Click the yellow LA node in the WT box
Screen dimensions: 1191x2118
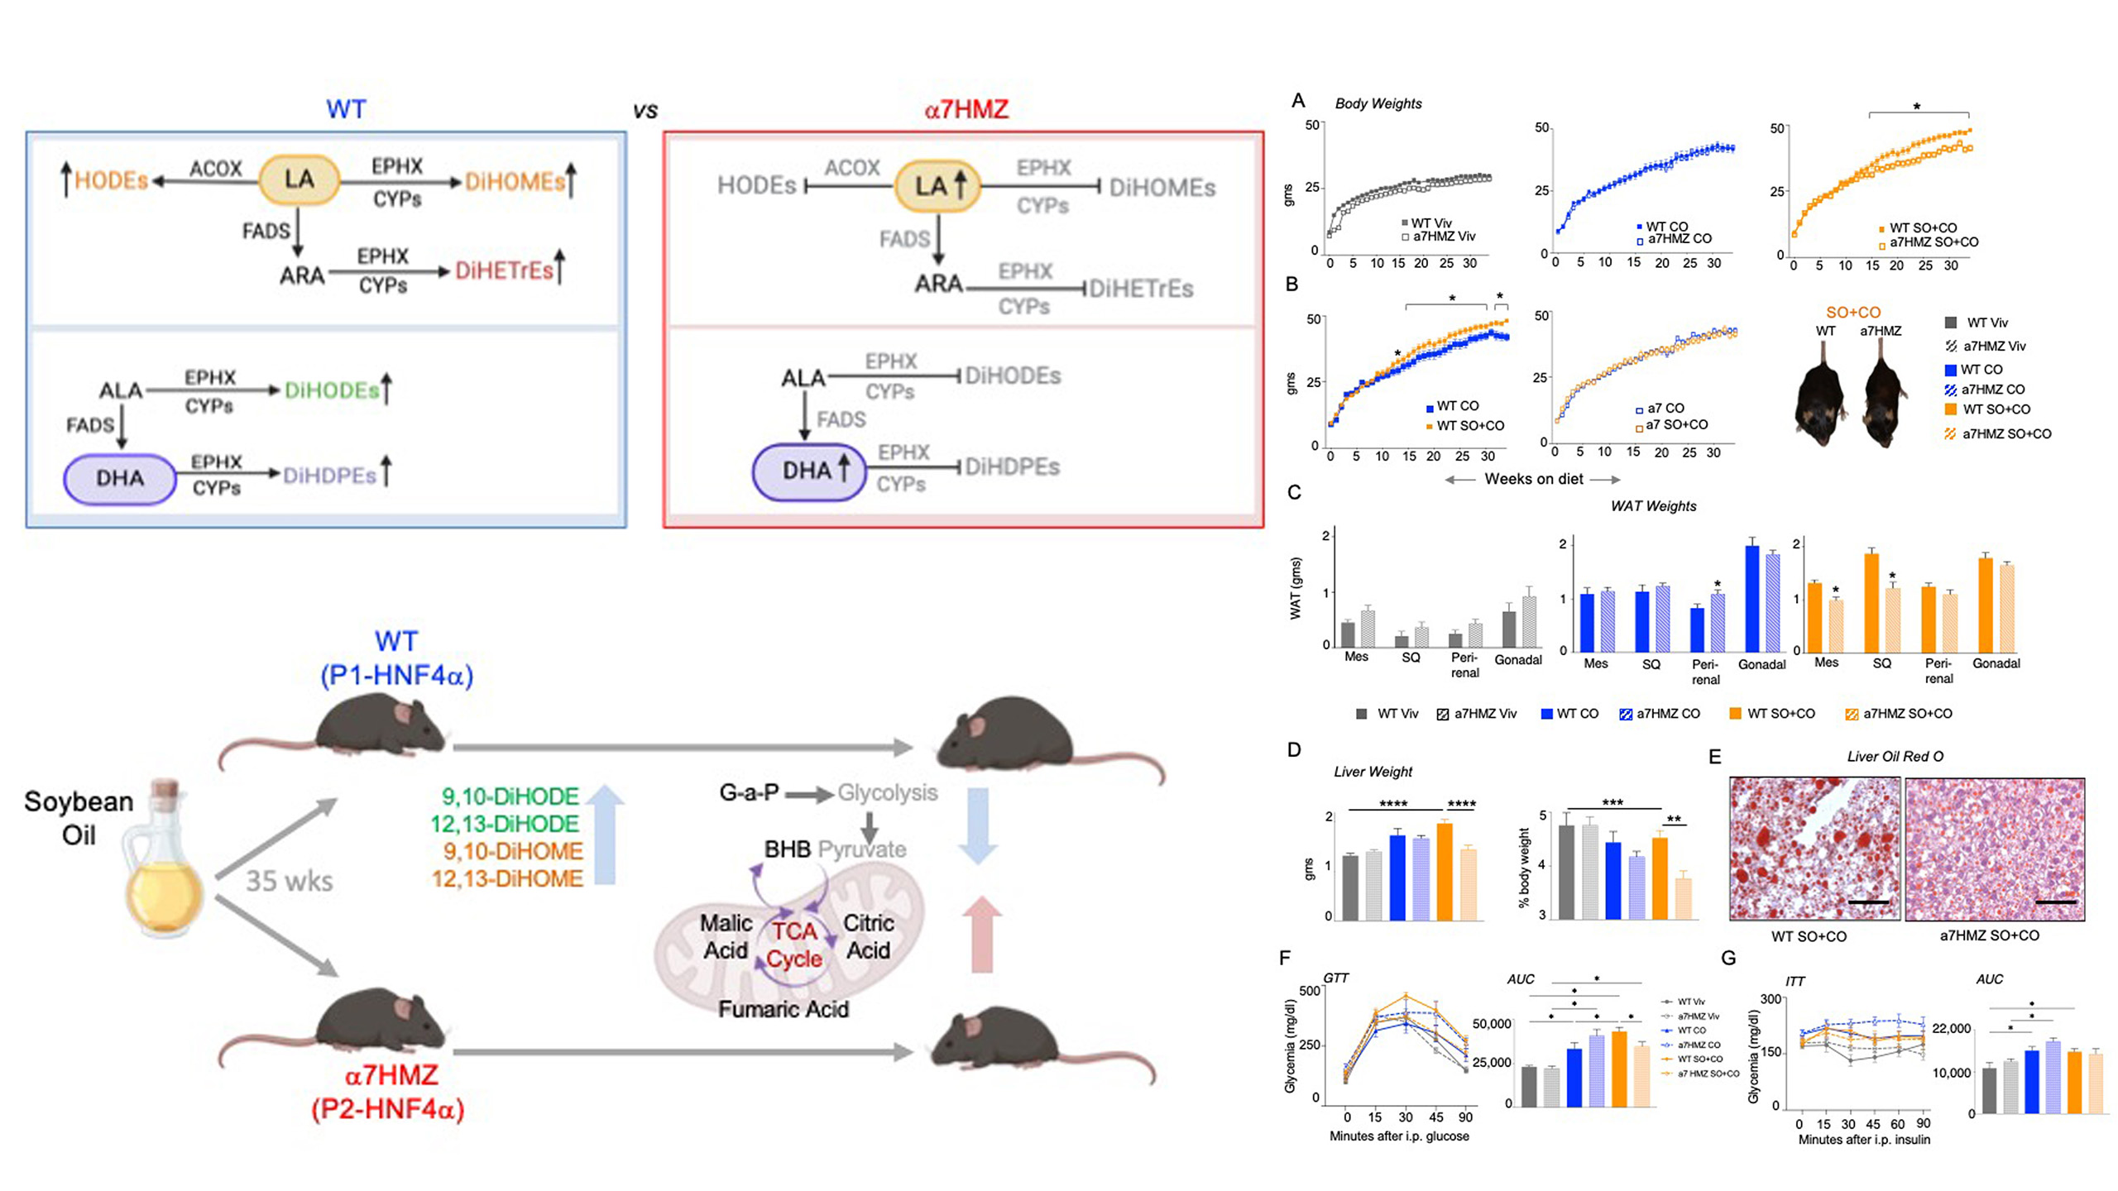pyautogui.click(x=299, y=179)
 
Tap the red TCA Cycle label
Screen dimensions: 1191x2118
pyautogui.click(x=794, y=945)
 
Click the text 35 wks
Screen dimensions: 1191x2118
pyautogui.click(x=289, y=882)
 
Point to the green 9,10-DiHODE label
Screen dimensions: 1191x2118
pyautogui.click(x=510, y=796)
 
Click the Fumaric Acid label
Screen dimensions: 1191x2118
pyautogui.click(x=783, y=1009)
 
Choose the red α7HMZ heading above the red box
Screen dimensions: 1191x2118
pyautogui.click(x=966, y=109)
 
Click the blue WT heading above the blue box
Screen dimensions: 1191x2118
pyautogui.click(x=345, y=109)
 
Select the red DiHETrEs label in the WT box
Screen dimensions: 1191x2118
pyautogui.click(x=504, y=271)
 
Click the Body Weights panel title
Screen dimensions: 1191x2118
pyautogui.click(x=1378, y=104)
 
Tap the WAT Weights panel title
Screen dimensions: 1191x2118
pyautogui.click(x=1652, y=506)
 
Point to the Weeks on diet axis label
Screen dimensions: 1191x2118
pyautogui.click(x=1533, y=479)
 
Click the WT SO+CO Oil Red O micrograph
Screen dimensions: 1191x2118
pyautogui.click(x=1814, y=849)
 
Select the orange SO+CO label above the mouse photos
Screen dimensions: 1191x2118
pyautogui.click(x=1852, y=313)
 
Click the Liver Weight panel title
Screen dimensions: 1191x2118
pyautogui.click(x=1373, y=772)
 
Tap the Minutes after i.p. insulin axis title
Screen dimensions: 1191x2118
pyautogui.click(x=1863, y=1140)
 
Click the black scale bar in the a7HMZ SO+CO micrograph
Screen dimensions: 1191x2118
pyautogui.click(x=2055, y=902)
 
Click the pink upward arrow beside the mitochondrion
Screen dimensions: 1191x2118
pyautogui.click(x=981, y=935)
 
